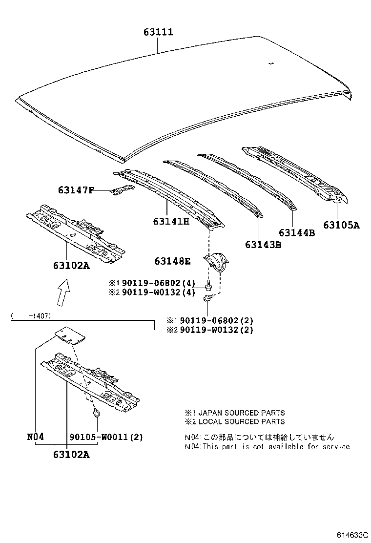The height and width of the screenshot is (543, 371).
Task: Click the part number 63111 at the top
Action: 158,32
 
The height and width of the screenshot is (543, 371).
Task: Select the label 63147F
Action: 76,190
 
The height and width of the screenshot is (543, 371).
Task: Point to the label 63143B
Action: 263,245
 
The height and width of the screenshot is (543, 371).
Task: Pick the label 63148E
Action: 172,261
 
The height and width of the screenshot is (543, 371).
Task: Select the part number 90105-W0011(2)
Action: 106,437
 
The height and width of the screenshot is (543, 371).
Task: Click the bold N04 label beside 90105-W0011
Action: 36,437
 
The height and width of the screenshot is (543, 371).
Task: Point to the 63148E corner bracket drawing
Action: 217,263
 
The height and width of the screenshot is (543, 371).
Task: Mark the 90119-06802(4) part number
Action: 158,283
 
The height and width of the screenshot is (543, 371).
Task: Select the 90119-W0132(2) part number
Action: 216,330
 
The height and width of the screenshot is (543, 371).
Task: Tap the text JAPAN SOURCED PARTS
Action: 240,413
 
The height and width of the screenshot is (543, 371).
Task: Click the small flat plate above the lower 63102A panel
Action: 69,335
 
